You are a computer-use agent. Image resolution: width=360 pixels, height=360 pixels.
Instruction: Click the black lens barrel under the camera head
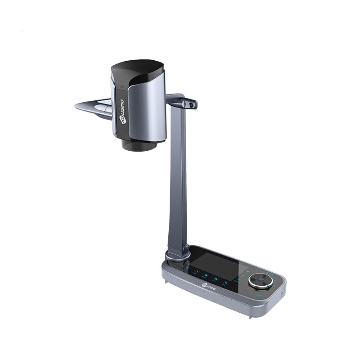click(x=139, y=145)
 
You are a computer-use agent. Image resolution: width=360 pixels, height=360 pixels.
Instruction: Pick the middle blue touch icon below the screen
click(x=215, y=278)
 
